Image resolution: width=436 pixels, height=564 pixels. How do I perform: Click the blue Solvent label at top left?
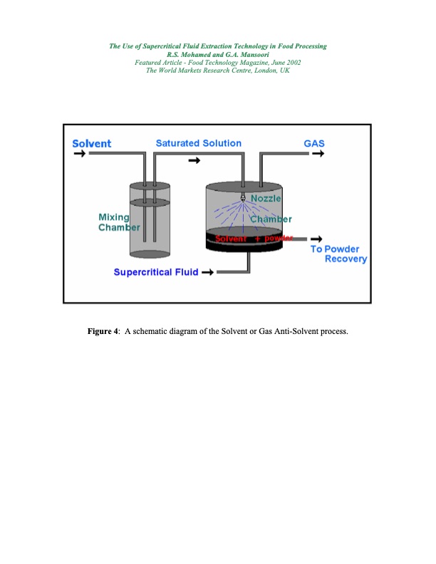[92, 144]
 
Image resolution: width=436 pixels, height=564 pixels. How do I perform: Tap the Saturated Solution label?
[198, 143]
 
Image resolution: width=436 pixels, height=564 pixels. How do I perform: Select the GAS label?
[314, 144]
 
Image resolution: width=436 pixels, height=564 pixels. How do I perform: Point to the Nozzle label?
[266, 198]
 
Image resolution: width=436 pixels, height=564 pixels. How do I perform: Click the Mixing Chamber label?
[114, 222]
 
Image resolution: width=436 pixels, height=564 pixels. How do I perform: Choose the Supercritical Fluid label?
[156, 272]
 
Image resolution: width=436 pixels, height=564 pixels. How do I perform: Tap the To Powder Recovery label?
[338, 254]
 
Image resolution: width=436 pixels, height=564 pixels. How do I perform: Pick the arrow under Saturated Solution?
[194, 160]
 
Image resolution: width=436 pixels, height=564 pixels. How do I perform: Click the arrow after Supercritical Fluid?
[209, 272]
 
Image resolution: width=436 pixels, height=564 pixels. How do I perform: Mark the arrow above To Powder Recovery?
[316, 239]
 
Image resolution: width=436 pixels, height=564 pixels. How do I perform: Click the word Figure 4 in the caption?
[103, 332]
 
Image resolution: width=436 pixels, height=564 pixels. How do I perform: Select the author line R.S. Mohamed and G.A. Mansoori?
[217, 54]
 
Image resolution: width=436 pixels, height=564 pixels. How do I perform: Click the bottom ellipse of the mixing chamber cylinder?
[150, 254]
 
